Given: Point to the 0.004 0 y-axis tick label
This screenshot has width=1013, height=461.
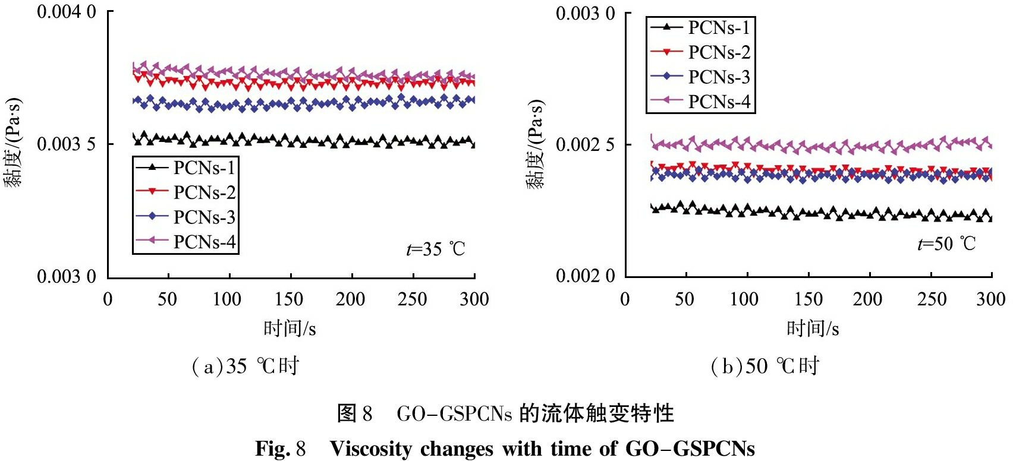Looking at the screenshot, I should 66,12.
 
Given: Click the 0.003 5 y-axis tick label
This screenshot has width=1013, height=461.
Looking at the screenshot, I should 66,144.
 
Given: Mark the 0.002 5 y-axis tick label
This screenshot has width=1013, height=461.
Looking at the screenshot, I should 585,145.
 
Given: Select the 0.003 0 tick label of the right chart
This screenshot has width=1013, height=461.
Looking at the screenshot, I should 585,14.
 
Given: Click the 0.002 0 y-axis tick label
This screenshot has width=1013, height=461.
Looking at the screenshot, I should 585,276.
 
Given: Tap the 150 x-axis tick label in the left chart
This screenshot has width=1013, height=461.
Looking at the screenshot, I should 290,299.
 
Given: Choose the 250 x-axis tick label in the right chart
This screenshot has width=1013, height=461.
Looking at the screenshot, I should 932,299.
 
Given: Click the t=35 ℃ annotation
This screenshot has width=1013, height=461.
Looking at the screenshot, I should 436,248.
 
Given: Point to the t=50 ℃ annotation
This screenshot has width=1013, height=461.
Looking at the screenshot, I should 946,244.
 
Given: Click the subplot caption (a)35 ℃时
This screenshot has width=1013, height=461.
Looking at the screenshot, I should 245,366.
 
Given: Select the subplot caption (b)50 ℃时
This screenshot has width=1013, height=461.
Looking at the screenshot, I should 765,366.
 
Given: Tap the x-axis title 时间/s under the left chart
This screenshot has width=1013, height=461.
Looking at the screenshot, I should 290,329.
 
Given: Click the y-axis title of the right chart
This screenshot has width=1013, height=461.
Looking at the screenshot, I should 535,144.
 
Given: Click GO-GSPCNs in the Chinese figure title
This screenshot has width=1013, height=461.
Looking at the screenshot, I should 454,413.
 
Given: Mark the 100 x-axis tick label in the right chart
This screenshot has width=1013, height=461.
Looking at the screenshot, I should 744,299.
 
